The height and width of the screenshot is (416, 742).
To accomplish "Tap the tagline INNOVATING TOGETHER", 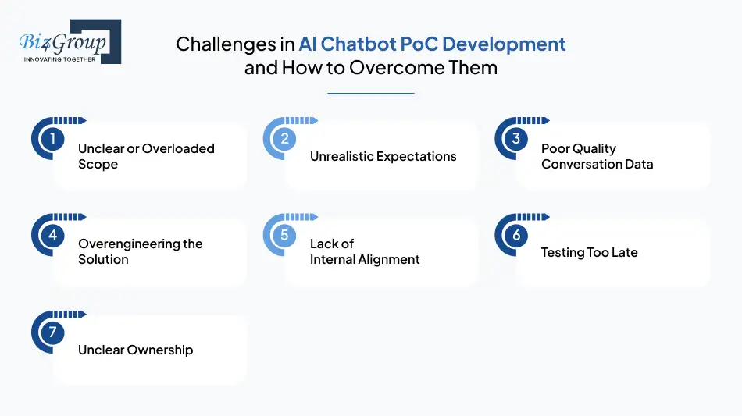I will [60, 59].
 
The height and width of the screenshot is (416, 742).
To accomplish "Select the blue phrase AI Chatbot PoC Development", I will [432, 44].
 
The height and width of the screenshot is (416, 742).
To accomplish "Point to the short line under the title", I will [370, 94].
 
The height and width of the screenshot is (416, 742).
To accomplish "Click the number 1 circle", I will [52, 140].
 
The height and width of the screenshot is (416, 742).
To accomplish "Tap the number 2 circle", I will [284, 140].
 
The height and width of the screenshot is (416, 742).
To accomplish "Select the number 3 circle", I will [515, 140].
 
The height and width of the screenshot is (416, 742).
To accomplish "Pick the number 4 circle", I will [52, 235].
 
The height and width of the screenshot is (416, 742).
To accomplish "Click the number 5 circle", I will [284, 235].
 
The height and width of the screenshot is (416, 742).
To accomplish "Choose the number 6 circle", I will [515, 235].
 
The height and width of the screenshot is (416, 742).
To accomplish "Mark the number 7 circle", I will [52, 332].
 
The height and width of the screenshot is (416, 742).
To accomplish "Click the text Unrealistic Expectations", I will [383, 156].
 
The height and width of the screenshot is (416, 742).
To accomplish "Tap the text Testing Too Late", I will [589, 252].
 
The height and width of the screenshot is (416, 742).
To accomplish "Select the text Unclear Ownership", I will [135, 350].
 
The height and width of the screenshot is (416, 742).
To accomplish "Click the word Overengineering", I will [129, 244].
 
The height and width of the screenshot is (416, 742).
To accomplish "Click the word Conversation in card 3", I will [582, 164].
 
